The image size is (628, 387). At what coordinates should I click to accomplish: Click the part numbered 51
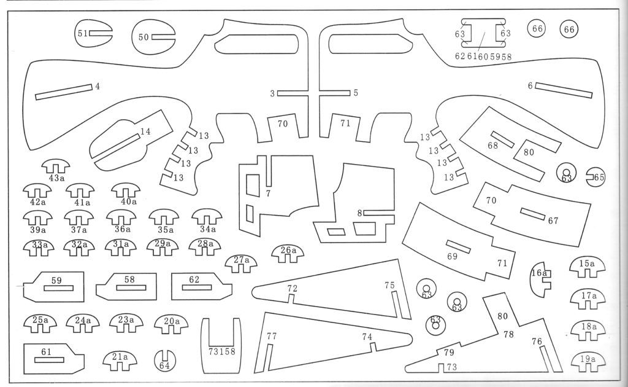(80, 33)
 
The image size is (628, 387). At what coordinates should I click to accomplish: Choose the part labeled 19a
(588, 360)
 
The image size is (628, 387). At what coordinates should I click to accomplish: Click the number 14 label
(145, 131)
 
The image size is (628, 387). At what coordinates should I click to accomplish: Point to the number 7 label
(268, 193)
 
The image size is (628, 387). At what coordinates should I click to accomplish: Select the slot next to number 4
(64, 92)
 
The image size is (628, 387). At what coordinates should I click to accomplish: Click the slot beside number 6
(564, 90)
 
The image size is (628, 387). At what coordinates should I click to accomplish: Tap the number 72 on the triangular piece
(293, 288)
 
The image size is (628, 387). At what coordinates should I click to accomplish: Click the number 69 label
(452, 256)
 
